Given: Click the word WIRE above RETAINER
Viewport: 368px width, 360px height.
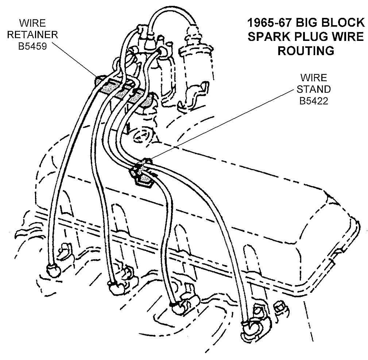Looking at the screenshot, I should click(x=33, y=24).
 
